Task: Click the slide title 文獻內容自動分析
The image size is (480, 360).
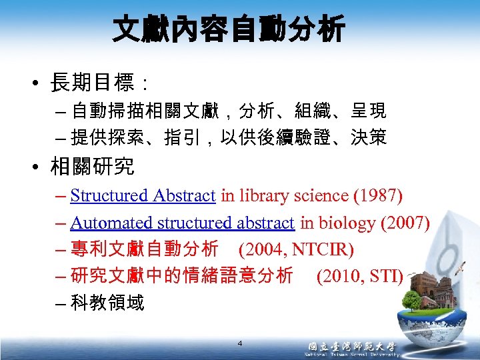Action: [x=229, y=30]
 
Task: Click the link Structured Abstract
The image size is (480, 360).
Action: [x=143, y=195]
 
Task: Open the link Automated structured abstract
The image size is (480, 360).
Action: [x=182, y=223]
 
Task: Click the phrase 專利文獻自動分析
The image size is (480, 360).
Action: [x=144, y=250]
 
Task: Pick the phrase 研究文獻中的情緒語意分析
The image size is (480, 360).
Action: [x=181, y=276]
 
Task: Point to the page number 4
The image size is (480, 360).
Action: [x=240, y=343]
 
